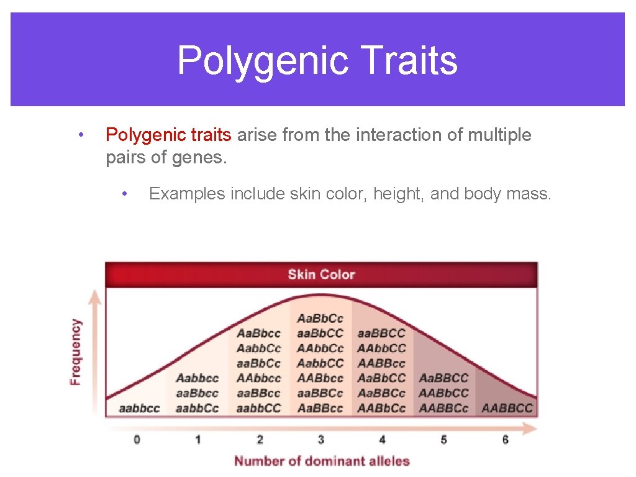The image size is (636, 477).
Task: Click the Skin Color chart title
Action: point(321,274)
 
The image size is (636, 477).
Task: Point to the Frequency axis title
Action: point(76,352)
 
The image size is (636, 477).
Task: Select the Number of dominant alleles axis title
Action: point(322,461)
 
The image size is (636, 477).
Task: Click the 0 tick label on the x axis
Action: point(137,440)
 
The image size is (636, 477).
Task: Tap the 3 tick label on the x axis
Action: point(320,440)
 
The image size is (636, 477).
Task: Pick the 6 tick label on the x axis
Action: point(505,440)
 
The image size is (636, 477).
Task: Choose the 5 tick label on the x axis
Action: point(443,440)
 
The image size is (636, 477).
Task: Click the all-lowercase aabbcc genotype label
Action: point(139,408)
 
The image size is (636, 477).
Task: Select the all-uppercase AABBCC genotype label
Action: point(507,408)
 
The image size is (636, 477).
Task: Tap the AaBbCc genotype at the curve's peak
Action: point(320,319)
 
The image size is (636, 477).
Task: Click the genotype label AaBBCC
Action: point(443,378)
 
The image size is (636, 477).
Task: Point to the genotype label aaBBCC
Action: point(381,334)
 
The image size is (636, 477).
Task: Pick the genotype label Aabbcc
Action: point(198,378)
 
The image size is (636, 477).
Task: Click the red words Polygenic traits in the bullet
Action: point(168,135)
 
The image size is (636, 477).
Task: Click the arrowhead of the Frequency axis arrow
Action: point(94,296)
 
